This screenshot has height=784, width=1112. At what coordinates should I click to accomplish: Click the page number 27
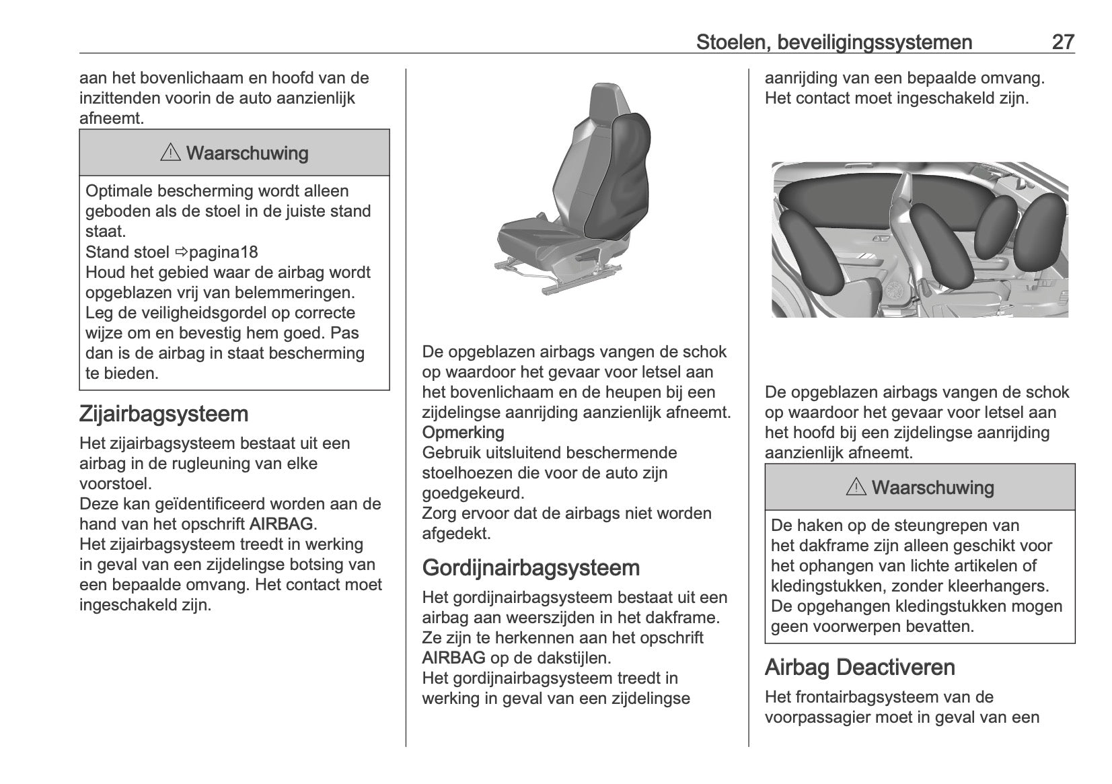pos(1062,42)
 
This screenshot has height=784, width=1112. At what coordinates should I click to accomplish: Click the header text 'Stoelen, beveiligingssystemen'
pos(833,42)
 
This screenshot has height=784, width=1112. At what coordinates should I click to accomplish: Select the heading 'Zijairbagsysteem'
pos(163,413)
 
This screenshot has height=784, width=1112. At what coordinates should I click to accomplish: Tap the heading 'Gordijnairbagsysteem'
pos(531,567)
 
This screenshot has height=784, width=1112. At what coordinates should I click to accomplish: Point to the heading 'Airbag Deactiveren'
pos(859,667)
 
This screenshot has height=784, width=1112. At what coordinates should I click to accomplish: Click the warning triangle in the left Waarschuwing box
pos(170,153)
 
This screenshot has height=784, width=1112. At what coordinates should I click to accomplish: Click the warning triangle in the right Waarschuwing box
pos(856,487)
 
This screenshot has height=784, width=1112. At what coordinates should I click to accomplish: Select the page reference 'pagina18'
pos(223,252)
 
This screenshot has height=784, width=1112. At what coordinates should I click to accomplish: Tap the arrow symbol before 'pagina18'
pos(181,252)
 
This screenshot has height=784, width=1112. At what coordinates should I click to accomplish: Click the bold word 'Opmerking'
pos(463,432)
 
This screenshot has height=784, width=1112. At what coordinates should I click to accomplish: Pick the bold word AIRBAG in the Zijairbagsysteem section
pos(281,524)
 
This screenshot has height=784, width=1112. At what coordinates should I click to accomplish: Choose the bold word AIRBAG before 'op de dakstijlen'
pos(453,657)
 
